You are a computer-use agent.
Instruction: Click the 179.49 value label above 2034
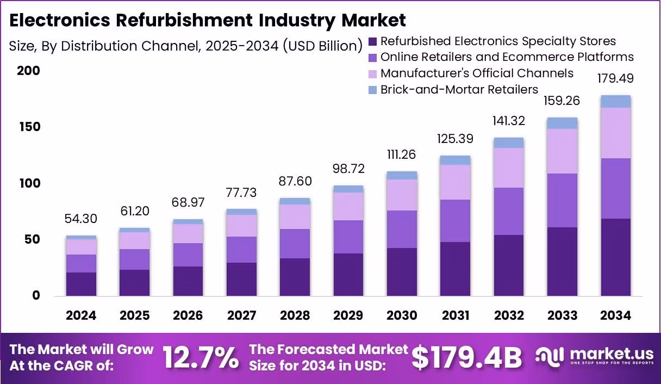615,78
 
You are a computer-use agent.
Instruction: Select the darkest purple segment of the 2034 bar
615,257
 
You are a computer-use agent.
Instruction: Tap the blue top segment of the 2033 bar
562,123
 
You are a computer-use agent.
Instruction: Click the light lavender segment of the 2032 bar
509,168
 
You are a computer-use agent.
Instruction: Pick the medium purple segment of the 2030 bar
402,229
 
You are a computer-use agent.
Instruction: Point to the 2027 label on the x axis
241,316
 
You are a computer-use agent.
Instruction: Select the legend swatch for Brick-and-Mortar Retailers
372,90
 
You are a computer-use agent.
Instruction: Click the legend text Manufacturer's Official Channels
477,73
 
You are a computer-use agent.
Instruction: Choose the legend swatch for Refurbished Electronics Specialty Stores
372,41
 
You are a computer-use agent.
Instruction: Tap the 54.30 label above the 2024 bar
81,219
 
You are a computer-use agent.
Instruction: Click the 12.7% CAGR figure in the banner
201,358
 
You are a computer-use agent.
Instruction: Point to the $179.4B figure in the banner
466,358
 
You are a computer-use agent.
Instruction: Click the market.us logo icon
550,357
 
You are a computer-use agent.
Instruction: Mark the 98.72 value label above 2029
348,169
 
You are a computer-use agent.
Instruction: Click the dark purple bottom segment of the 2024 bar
81,284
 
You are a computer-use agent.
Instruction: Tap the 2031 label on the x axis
455,316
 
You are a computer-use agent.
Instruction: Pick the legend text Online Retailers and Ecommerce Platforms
507,57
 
